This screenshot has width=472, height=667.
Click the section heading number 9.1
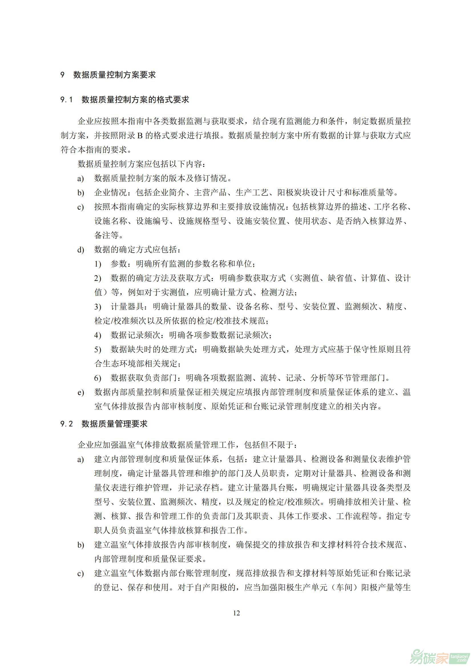tap(66, 100)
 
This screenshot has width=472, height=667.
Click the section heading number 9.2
tap(66, 424)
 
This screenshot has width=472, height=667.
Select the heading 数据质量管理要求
tap(114, 424)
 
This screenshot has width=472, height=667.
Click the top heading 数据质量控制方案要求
tap(114, 75)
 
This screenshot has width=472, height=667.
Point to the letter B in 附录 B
tap(140, 136)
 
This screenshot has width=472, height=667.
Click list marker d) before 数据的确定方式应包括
tap(80, 250)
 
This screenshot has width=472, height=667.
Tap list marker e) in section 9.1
tap(80, 393)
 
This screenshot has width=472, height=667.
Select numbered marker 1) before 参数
tap(98, 264)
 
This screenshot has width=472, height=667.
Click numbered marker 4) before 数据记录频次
tap(98, 336)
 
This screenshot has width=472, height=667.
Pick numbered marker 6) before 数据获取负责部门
tap(98, 378)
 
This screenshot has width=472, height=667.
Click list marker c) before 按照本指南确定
tap(80, 207)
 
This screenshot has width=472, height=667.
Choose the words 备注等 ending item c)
tap(106, 235)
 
